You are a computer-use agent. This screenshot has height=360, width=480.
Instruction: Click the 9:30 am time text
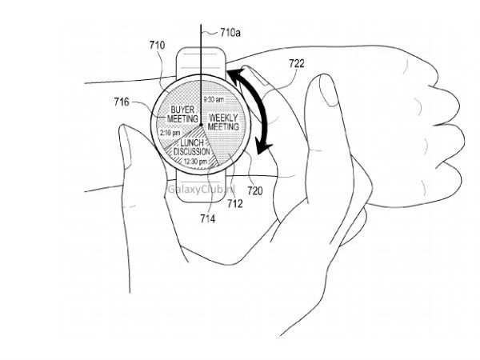tap(213, 99)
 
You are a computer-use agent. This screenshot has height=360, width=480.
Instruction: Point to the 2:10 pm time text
tap(171, 132)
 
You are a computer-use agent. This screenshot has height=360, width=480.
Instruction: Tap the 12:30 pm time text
tap(196, 161)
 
